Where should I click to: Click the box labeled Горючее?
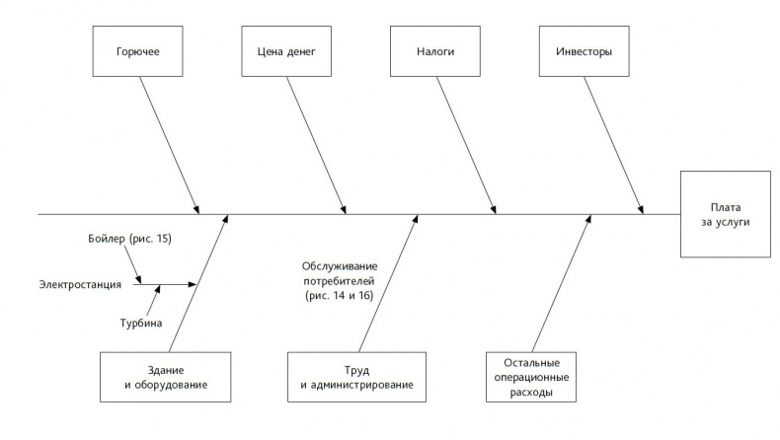[x=140, y=51]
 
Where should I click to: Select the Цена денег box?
[x=288, y=51]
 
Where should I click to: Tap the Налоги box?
[x=436, y=51]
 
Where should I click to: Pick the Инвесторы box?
[x=585, y=51]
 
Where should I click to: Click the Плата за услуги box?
[x=725, y=214]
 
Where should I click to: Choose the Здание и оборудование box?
[x=165, y=376]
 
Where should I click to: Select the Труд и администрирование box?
[x=357, y=376]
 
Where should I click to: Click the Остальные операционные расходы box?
[x=534, y=376]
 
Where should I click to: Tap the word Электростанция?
[x=80, y=285]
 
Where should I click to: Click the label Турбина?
[x=141, y=323]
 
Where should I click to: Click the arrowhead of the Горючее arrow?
[x=196, y=209]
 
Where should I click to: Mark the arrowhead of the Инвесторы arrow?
[x=642, y=209]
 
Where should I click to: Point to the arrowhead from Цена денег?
[x=345, y=209]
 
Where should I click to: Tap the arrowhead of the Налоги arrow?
[x=494, y=209]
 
